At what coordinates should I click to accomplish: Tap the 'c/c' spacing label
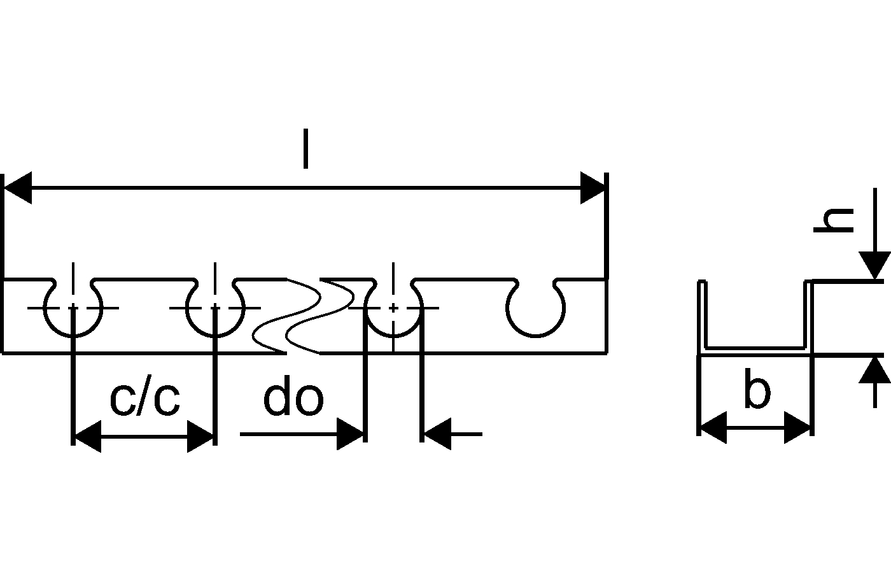[144, 400]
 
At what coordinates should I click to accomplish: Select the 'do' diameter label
[293, 400]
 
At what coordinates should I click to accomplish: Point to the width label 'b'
[757, 392]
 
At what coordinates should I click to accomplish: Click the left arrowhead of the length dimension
[18, 188]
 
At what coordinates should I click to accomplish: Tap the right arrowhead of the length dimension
[593, 188]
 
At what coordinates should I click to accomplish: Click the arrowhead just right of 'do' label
[350, 435]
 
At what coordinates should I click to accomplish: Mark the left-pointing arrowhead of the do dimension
[438, 435]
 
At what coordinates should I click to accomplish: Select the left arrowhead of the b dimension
[713, 427]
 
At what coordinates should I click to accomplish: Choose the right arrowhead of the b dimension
[798, 427]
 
